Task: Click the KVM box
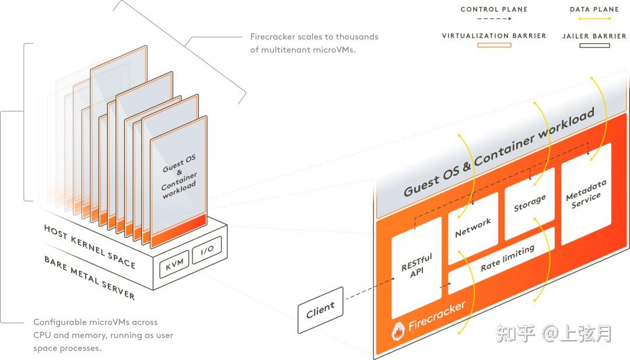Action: [174, 264]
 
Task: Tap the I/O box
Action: [206, 250]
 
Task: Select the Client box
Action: [321, 310]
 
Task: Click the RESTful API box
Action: [416, 267]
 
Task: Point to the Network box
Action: [473, 228]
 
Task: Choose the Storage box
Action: [530, 203]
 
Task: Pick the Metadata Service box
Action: [586, 194]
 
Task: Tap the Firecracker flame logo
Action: [398, 331]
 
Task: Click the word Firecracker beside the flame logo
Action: [437, 315]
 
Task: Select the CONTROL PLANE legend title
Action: [494, 9]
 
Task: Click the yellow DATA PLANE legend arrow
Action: [594, 19]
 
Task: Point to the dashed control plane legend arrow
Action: [494, 19]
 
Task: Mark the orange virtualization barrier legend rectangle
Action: [494, 45]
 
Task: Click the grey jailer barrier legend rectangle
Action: [594, 46]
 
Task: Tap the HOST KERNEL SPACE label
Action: [90, 246]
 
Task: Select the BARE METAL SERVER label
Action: [89, 278]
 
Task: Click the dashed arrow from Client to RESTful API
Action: [370, 288]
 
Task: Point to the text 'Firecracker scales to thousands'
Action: [314, 37]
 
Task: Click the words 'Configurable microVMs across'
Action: [96, 322]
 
